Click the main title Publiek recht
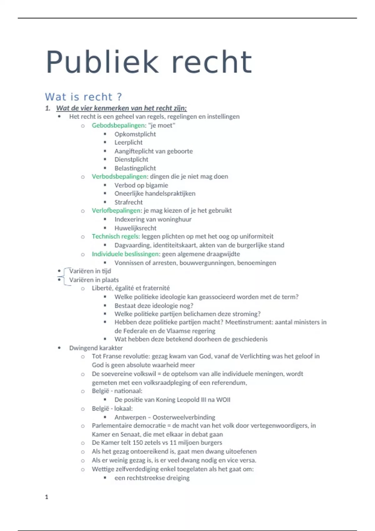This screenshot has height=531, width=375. [149, 62]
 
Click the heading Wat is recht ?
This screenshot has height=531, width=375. [83, 97]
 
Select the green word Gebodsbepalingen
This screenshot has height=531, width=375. [118, 126]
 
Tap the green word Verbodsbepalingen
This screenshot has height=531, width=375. [119, 176]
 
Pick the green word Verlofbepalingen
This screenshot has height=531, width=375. [116, 211]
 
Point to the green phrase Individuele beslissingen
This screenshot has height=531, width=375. [125, 254]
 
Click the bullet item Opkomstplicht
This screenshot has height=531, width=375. [135, 134]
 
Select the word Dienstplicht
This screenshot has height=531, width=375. [131, 160]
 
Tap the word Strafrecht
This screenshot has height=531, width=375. [128, 202]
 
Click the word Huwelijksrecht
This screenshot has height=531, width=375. [135, 228]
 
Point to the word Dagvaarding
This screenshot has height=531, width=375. [132, 245]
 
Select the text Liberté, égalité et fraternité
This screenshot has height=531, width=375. [131, 288]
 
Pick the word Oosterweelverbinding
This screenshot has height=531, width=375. [184, 417]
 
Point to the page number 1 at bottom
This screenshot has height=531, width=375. [47, 497]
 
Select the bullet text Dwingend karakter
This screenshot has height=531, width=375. [96, 348]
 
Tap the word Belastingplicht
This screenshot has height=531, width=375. [135, 168]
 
